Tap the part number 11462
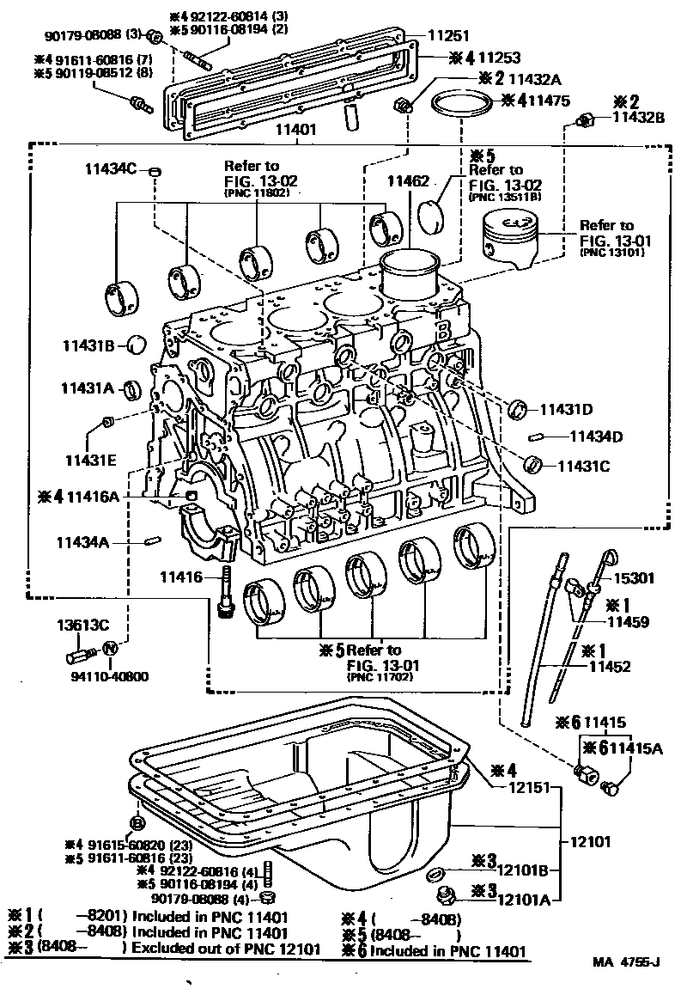click(x=407, y=181)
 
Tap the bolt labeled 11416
click(x=226, y=592)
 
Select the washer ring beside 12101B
click(x=436, y=874)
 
